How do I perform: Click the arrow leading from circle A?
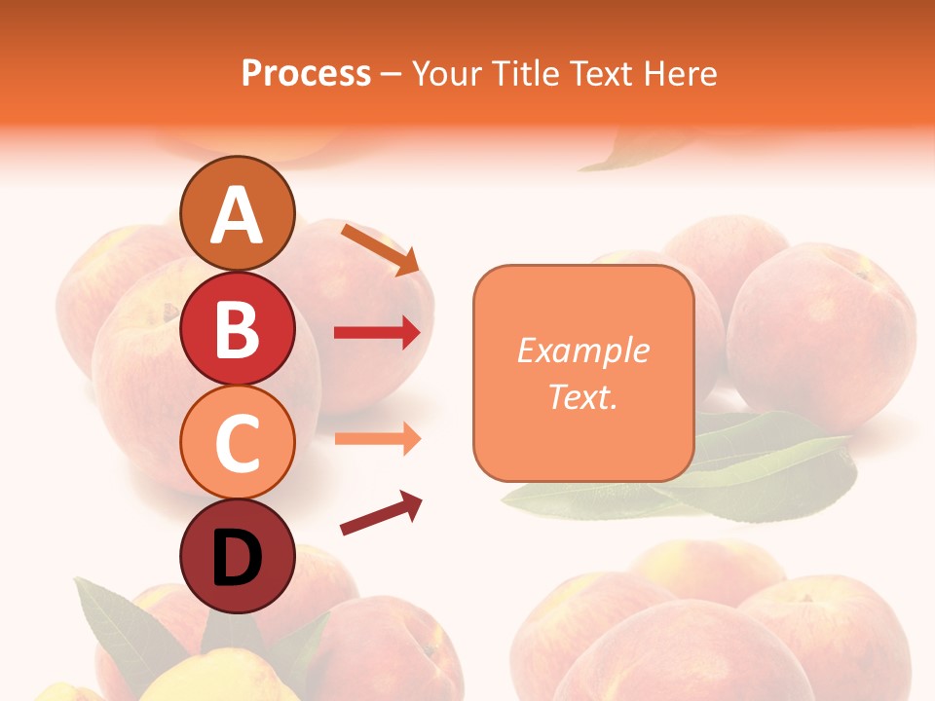[x=380, y=249]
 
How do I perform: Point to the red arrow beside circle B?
[x=377, y=333]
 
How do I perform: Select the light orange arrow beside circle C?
[x=377, y=438]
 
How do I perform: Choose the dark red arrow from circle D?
[x=381, y=513]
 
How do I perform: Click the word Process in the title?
[x=306, y=74]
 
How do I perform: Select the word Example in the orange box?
[x=582, y=350]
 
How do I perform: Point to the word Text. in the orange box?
[x=582, y=396]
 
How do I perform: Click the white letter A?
[x=238, y=216]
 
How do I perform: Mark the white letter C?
[x=238, y=443]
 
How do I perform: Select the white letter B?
[x=238, y=329]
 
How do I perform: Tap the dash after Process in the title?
[x=392, y=74]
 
